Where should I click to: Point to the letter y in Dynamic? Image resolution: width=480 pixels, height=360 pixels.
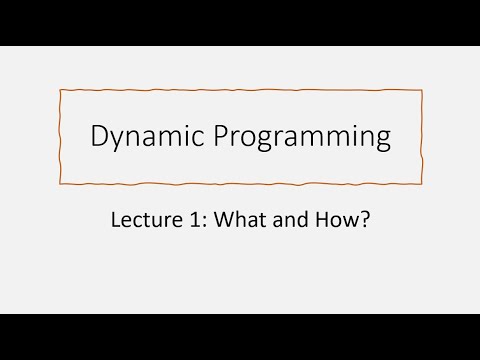click(118, 141)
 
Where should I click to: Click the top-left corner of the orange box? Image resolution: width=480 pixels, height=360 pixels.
click(60, 90)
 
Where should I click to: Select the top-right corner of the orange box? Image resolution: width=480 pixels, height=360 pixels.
click(421, 91)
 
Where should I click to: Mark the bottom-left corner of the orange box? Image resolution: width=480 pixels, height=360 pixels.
click(61, 184)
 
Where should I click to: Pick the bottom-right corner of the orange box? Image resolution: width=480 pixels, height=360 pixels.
click(420, 184)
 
